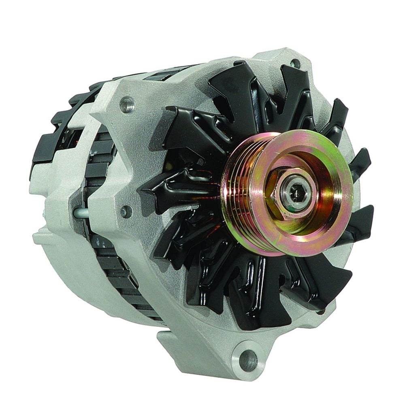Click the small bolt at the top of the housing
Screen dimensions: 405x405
(x=294, y=63)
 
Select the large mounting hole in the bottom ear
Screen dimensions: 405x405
(x=247, y=358)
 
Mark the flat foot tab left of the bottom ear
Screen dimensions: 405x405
(x=170, y=338)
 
